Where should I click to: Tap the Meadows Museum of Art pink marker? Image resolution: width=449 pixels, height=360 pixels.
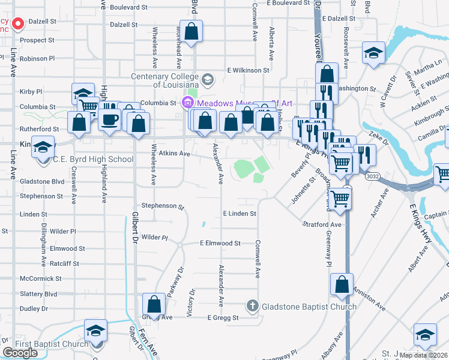tap(188, 102)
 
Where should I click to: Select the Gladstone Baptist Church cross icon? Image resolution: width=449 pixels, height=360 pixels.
tap(253, 307)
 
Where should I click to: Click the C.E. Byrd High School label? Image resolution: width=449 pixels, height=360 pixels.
tap(93, 160)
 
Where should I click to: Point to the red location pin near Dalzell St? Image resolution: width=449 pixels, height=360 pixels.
tap(18, 24)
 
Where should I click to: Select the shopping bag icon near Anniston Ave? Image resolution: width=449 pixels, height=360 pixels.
tap(342, 284)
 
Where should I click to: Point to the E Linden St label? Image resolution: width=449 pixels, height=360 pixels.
tap(240, 214)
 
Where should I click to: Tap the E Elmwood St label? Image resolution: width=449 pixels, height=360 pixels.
tap(220, 244)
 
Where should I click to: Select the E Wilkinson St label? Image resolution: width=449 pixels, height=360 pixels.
tap(248, 70)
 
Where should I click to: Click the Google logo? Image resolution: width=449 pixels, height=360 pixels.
tap(20, 353)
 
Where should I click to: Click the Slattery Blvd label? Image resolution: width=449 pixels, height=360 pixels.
tap(38, 294)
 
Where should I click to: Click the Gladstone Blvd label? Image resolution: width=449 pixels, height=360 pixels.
tap(42, 181)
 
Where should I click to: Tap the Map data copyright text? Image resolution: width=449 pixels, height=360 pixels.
tap(423, 355)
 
